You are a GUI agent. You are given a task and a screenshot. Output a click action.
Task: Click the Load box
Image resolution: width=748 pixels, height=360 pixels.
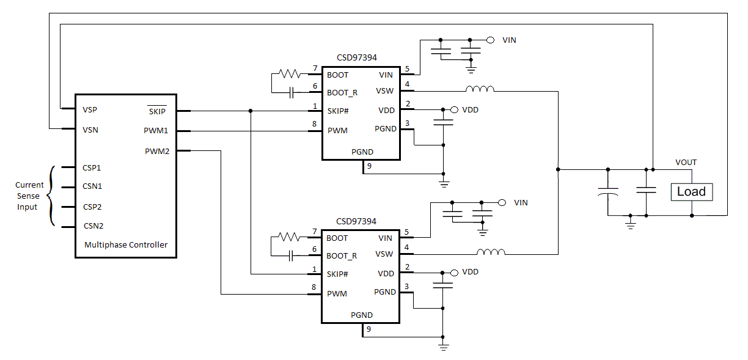691,192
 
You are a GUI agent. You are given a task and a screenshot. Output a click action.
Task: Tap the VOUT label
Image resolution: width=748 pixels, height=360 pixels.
686,163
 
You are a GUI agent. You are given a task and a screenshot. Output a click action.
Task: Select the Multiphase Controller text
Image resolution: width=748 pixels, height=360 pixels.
125,244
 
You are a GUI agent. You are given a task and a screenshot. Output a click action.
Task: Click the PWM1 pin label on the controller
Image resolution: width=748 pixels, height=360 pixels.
156,131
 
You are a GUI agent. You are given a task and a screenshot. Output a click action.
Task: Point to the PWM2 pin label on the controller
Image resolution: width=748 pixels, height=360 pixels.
157,151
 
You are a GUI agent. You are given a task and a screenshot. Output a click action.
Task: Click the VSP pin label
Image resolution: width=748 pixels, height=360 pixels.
90,110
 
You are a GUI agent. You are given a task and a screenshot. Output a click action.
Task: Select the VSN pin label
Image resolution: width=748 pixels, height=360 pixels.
90,130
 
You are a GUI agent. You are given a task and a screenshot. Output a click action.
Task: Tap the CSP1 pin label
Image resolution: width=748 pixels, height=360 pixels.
92,167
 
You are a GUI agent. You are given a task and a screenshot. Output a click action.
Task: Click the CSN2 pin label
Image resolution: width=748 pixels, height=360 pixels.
93,226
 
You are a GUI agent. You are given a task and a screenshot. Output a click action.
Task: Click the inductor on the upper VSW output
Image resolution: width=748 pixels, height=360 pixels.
480,90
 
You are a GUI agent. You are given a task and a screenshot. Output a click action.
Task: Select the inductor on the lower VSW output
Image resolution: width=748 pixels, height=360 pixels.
491,252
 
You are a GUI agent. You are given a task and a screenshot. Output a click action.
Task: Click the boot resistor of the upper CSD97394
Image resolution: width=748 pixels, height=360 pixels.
289,73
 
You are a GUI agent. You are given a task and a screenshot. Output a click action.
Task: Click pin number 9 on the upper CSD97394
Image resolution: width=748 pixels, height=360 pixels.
369,166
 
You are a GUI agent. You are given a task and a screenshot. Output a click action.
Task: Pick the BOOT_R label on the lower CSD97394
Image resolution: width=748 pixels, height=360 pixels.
342,255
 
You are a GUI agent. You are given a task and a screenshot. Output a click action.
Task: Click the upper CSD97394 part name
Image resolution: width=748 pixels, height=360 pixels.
357,57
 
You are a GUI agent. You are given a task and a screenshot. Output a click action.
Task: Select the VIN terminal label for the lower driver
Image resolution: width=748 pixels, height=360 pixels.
521,202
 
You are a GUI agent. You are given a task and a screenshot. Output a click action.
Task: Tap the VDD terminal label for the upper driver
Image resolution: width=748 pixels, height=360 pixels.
470,109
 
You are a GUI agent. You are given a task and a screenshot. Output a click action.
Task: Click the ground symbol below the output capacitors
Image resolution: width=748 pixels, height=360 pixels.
631,225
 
